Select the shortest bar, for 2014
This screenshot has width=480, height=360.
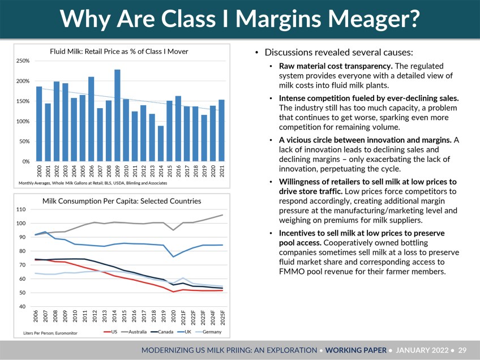161,144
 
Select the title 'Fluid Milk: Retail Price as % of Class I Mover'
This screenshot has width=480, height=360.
119,52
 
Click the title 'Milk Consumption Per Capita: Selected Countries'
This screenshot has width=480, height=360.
121,200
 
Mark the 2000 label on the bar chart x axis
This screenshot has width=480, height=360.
39,171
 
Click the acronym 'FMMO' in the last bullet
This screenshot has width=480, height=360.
293,272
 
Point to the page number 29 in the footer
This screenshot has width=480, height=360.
462,350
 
